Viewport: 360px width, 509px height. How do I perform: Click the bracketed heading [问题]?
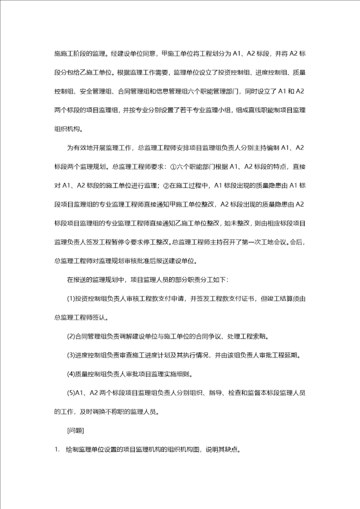75,429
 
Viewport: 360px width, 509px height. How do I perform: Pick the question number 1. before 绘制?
57,448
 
